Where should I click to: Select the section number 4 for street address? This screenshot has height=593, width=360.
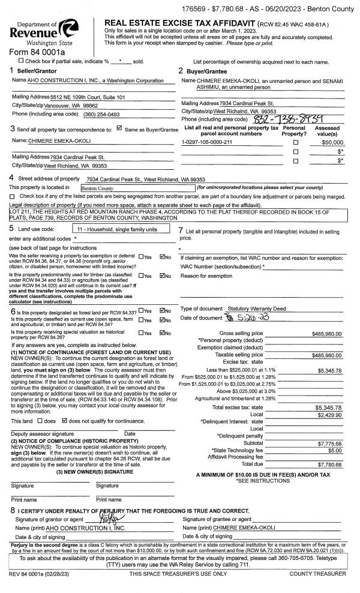coord(11,179)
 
